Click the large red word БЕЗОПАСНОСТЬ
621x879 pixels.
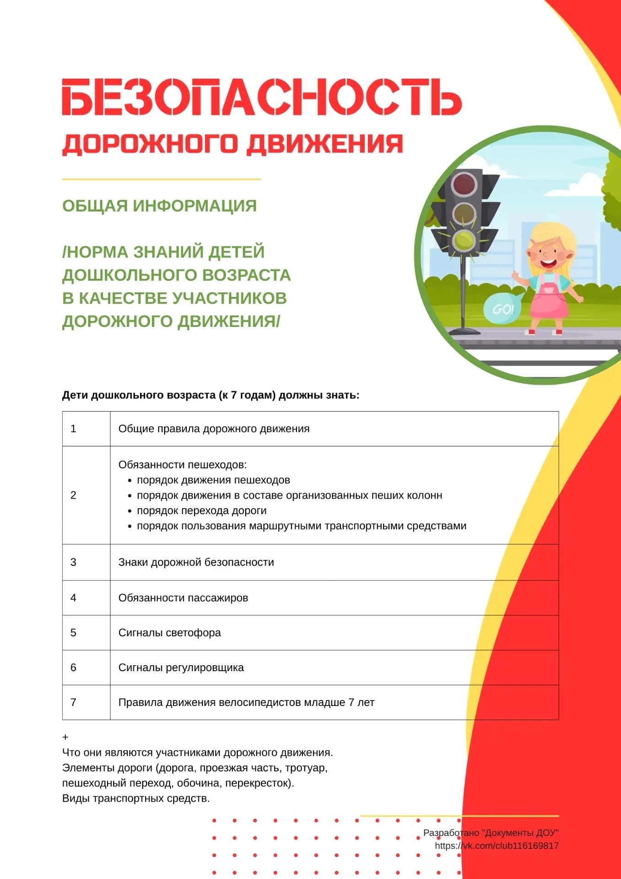[x=261, y=97]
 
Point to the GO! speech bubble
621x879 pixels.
[x=502, y=309]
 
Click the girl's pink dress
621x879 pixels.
[x=549, y=302]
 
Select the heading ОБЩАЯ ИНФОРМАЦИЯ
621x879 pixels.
[x=159, y=206]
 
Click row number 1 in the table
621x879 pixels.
[x=73, y=429]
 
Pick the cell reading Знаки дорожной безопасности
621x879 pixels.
[x=196, y=562]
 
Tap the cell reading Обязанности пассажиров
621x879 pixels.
[x=183, y=598]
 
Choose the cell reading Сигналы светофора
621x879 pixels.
[x=169, y=633]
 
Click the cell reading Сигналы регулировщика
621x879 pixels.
[x=181, y=667]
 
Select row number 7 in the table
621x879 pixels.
[x=73, y=702]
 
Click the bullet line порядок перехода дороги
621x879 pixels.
[x=201, y=510]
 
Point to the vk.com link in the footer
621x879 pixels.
[x=497, y=846]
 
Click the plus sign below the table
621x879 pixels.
[x=65, y=737]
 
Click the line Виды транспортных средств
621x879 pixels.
[x=136, y=798]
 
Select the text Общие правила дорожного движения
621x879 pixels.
[x=214, y=429]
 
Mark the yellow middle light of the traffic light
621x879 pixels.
[x=464, y=212]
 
